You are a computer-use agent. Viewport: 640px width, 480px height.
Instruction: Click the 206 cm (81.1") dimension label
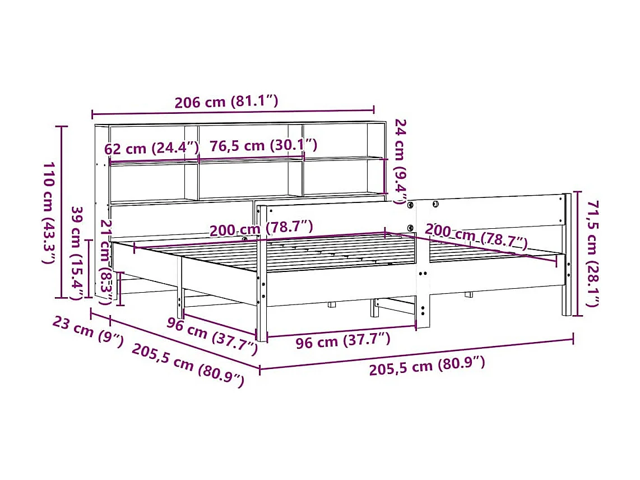226,102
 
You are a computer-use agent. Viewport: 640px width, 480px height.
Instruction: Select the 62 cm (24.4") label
152,148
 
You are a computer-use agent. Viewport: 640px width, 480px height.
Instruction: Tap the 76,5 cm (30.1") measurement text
263,145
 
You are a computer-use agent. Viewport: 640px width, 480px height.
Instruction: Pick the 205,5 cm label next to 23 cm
188,365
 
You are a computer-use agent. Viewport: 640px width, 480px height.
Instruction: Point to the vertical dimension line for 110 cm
61,213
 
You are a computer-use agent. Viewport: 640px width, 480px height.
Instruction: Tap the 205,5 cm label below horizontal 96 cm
426,366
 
